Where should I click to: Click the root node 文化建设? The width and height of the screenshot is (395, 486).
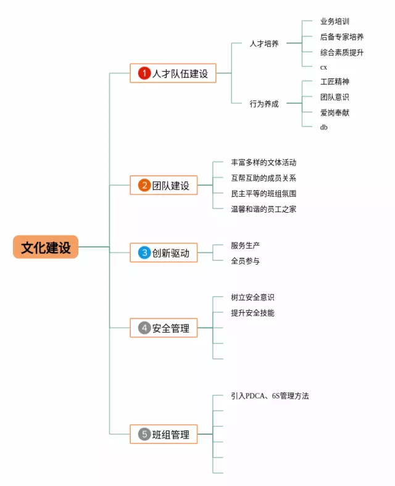(46, 247)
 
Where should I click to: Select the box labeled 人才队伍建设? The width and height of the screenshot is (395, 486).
(173, 73)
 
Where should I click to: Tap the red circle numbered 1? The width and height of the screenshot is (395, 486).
(144, 73)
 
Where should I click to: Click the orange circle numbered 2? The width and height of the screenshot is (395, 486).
(144, 185)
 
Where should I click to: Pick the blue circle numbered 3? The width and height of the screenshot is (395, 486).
(144, 252)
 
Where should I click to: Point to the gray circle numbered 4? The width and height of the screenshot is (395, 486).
(144, 328)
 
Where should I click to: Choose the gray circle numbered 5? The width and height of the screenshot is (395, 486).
(144, 434)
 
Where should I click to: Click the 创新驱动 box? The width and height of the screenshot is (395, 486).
(164, 252)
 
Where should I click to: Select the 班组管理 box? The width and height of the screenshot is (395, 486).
(164, 434)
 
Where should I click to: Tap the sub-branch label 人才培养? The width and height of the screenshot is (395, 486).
(264, 44)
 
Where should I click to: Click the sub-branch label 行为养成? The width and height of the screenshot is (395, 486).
(264, 104)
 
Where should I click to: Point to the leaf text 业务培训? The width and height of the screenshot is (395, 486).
(335, 22)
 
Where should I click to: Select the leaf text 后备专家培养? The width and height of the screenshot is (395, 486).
(342, 37)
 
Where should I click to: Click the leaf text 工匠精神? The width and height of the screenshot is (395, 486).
(335, 81)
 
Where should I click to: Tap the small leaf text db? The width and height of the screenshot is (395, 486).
(324, 127)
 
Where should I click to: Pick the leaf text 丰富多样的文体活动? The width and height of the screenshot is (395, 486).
(264, 163)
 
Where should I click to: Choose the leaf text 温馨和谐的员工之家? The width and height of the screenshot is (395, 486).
(264, 209)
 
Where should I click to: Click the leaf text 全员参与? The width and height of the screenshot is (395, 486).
(245, 261)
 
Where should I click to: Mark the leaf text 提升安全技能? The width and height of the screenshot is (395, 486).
(252, 313)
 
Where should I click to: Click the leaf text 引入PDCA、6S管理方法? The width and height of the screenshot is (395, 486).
(270, 396)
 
